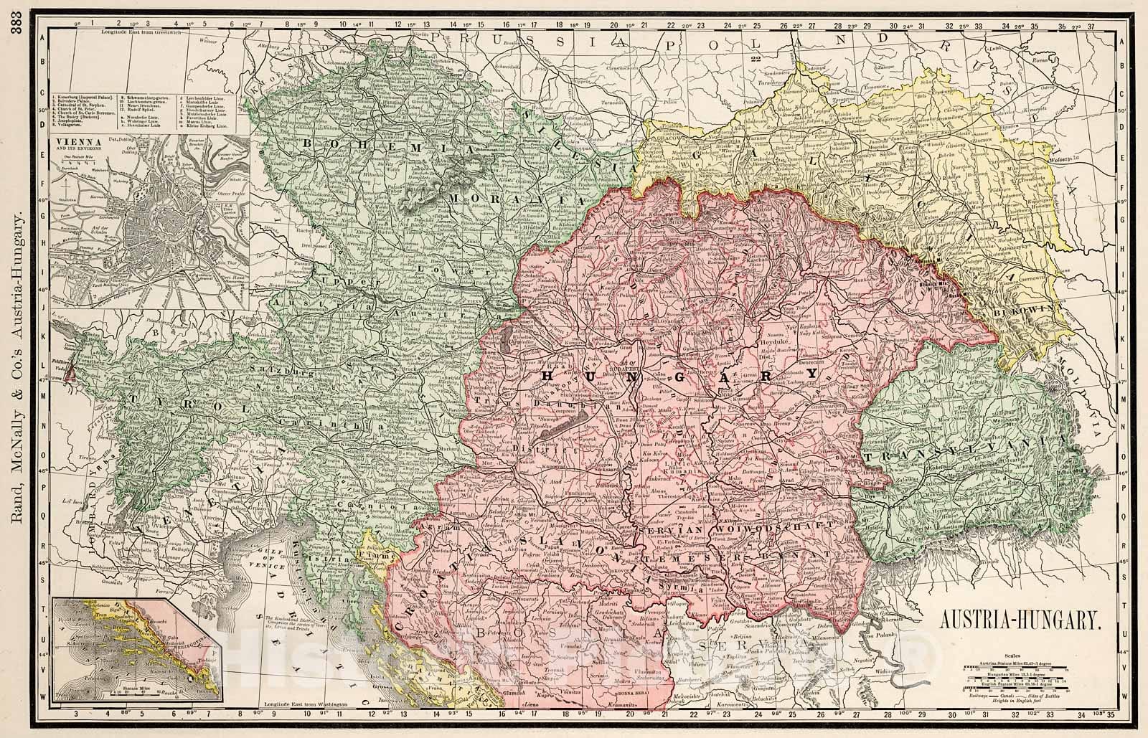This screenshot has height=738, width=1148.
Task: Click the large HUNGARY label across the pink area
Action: pyautogui.click(x=678, y=375)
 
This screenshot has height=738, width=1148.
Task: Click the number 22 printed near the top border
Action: pyautogui.click(x=754, y=60)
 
